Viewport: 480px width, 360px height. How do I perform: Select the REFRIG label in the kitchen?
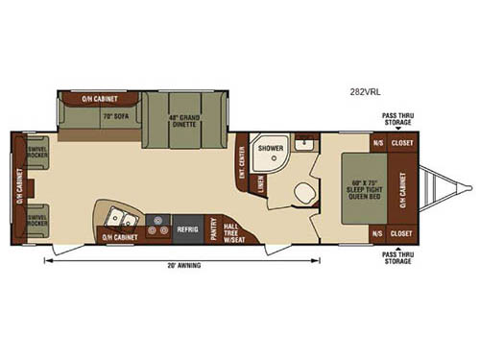point(187,229)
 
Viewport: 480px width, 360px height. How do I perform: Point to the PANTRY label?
point(210,229)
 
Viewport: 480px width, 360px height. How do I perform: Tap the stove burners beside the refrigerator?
point(159,230)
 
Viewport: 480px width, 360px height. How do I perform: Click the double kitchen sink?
point(116,215)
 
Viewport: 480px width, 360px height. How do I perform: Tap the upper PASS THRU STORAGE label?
point(398,121)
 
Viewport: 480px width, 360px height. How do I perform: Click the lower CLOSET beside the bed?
point(401,234)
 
